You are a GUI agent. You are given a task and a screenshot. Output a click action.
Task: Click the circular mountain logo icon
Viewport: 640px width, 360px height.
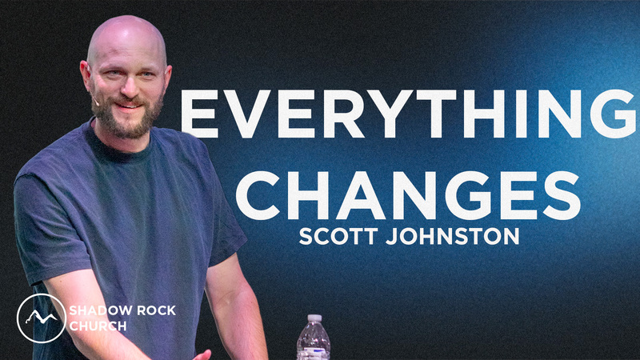(41, 318)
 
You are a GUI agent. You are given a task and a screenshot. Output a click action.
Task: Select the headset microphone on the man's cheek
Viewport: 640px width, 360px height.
(94, 103)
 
